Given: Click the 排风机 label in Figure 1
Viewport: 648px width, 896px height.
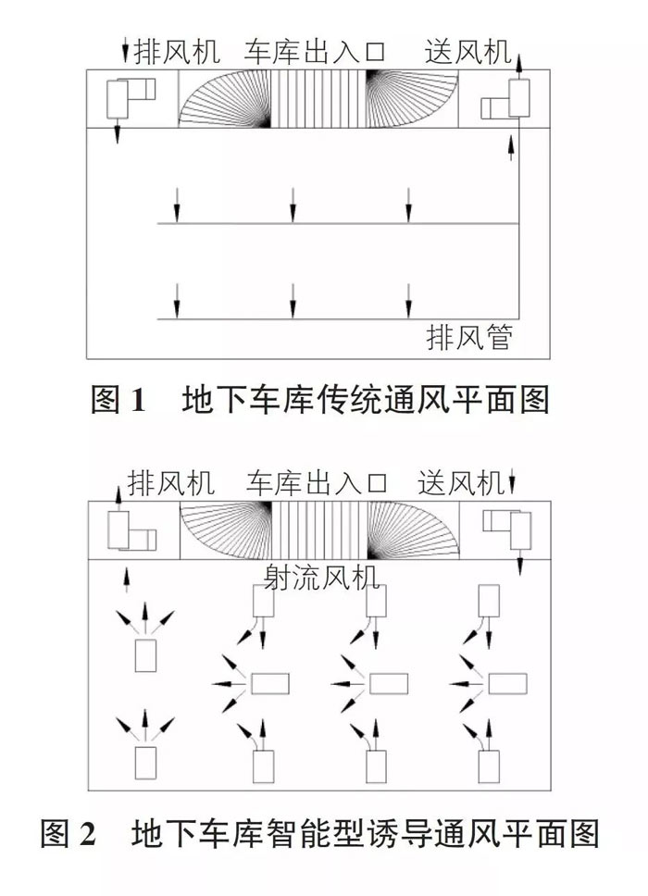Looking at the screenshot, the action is pyautogui.click(x=177, y=52).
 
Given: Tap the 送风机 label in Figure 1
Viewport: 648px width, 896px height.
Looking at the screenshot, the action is pyautogui.click(x=467, y=52).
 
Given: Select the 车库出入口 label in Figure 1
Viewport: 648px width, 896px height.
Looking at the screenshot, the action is pyautogui.click(x=315, y=52).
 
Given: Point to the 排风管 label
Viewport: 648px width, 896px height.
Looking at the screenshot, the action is pyautogui.click(x=469, y=337).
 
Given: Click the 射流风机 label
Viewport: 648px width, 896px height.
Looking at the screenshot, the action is pyautogui.click(x=321, y=577).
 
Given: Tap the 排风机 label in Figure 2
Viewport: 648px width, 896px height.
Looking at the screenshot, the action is pyautogui.click(x=171, y=483).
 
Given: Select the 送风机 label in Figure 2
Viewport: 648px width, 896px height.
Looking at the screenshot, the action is pyautogui.click(x=461, y=483).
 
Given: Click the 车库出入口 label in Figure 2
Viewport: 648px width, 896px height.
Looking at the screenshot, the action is pyautogui.click(x=317, y=483).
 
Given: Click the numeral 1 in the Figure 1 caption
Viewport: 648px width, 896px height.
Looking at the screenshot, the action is pyautogui.click(x=138, y=400).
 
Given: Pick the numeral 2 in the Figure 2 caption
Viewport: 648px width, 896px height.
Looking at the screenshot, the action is pyautogui.click(x=87, y=834).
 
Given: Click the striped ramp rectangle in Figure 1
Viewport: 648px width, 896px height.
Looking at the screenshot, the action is pyautogui.click(x=318, y=99).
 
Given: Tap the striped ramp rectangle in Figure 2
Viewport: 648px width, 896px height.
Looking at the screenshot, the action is pyautogui.click(x=319, y=530).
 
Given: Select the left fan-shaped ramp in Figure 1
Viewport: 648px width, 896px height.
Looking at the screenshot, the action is pyautogui.click(x=225, y=99).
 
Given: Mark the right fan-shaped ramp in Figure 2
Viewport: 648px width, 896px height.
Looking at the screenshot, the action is pyautogui.click(x=414, y=530).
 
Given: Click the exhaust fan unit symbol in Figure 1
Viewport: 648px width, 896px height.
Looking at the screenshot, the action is pyautogui.click(x=131, y=97).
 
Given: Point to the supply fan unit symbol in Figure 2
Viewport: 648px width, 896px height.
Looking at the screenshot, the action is pyautogui.click(x=507, y=529).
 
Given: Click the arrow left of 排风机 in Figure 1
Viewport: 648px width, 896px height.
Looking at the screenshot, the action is pyautogui.click(x=125, y=51).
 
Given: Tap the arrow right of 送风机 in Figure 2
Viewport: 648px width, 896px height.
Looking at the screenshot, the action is pyautogui.click(x=512, y=481).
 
